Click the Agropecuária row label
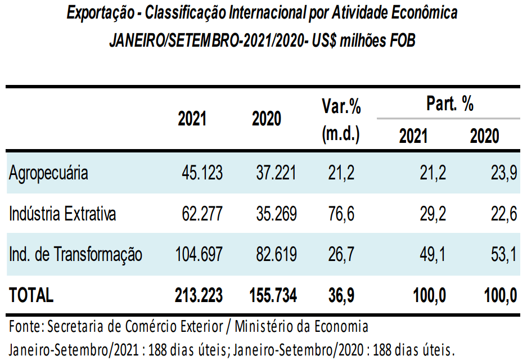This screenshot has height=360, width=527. [x=48, y=173]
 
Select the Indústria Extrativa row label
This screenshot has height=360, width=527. [x=62, y=214]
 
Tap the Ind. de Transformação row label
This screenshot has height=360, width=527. [x=75, y=254]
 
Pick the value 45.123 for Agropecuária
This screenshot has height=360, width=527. [x=201, y=173]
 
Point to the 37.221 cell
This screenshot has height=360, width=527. [x=275, y=173]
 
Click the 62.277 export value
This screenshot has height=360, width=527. [x=201, y=214]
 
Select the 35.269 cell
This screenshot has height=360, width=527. [x=275, y=214]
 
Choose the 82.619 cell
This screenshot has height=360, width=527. [x=275, y=254]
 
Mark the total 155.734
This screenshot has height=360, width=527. [x=273, y=295]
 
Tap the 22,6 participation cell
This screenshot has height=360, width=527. [x=504, y=214]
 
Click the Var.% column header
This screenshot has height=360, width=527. [x=341, y=106]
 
